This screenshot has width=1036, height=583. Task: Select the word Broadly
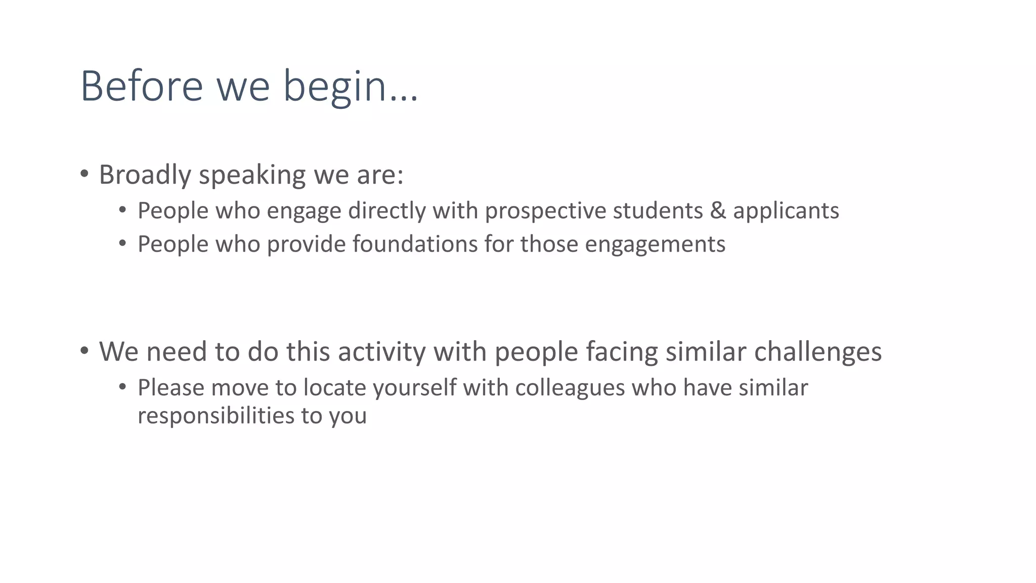point(145,175)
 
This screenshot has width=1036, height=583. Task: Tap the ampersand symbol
point(718,211)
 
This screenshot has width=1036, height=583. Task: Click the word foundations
point(415,244)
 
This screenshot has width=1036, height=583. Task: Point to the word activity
point(382,352)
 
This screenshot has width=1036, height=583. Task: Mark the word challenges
point(818,352)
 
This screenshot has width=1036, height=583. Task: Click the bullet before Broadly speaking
point(84,174)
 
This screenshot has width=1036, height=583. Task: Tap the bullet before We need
point(84,350)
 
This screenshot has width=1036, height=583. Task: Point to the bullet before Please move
point(122,388)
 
